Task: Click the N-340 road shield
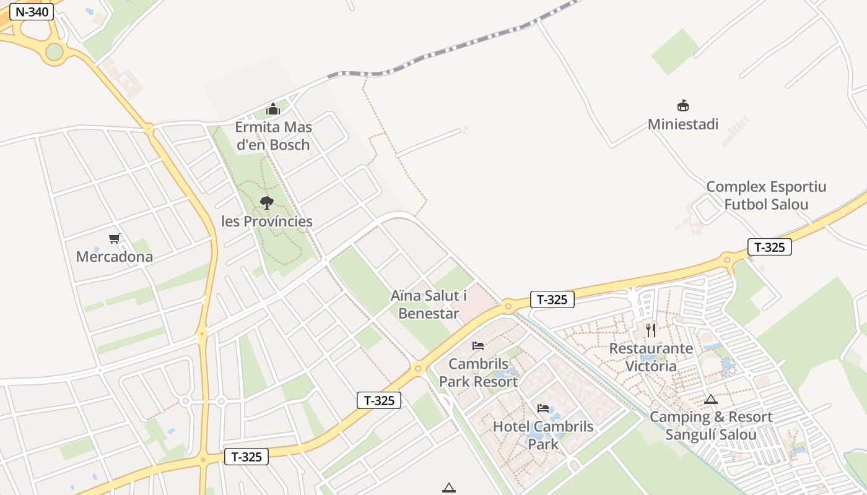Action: [x=31, y=12]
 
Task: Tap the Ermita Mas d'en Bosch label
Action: [x=273, y=136]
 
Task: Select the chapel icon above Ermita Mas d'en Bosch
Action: [x=273, y=110]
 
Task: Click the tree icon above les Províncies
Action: [x=267, y=202]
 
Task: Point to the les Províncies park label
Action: [x=267, y=222]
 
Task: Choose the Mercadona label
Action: [x=115, y=256]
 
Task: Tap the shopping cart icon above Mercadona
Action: [x=114, y=238]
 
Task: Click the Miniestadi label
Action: [x=683, y=124]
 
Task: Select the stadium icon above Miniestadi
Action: [x=683, y=106]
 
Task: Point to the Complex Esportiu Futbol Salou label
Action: [x=766, y=196]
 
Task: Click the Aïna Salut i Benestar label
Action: [x=429, y=304]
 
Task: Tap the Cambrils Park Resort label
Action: [x=478, y=372]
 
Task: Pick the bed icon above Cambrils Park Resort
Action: [x=478, y=346]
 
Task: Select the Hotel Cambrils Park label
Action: [x=543, y=435]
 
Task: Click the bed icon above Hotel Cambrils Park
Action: [x=543, y=408]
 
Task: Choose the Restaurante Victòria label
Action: [x=651, y=357]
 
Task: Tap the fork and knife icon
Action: [x=651, y=330]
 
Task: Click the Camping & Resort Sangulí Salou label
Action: [x=711, y=426]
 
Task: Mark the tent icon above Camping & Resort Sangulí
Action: [x=710, y=400]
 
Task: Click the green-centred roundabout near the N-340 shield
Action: [x=54, y=52]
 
